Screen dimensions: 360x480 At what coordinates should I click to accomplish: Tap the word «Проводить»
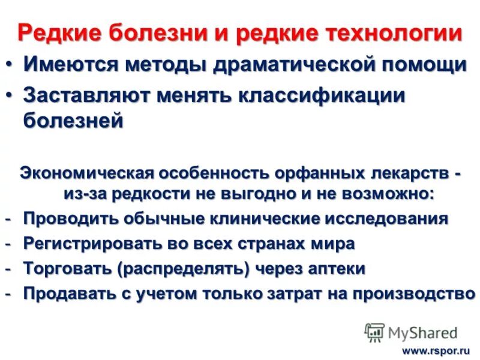(x=73, y=218)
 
